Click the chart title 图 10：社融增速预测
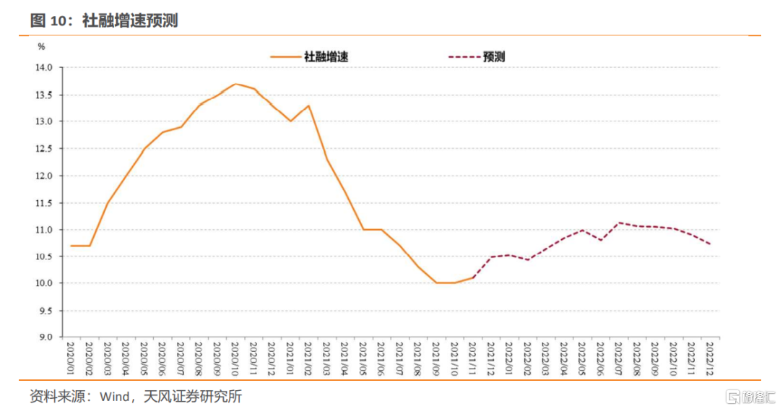104,21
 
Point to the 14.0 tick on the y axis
45,67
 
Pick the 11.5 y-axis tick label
45,203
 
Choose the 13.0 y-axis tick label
45,121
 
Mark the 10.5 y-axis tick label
45,257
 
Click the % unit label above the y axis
41,47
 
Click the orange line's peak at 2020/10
235,84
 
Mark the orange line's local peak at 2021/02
308,106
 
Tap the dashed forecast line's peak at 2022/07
619,223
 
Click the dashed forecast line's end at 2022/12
710,244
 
